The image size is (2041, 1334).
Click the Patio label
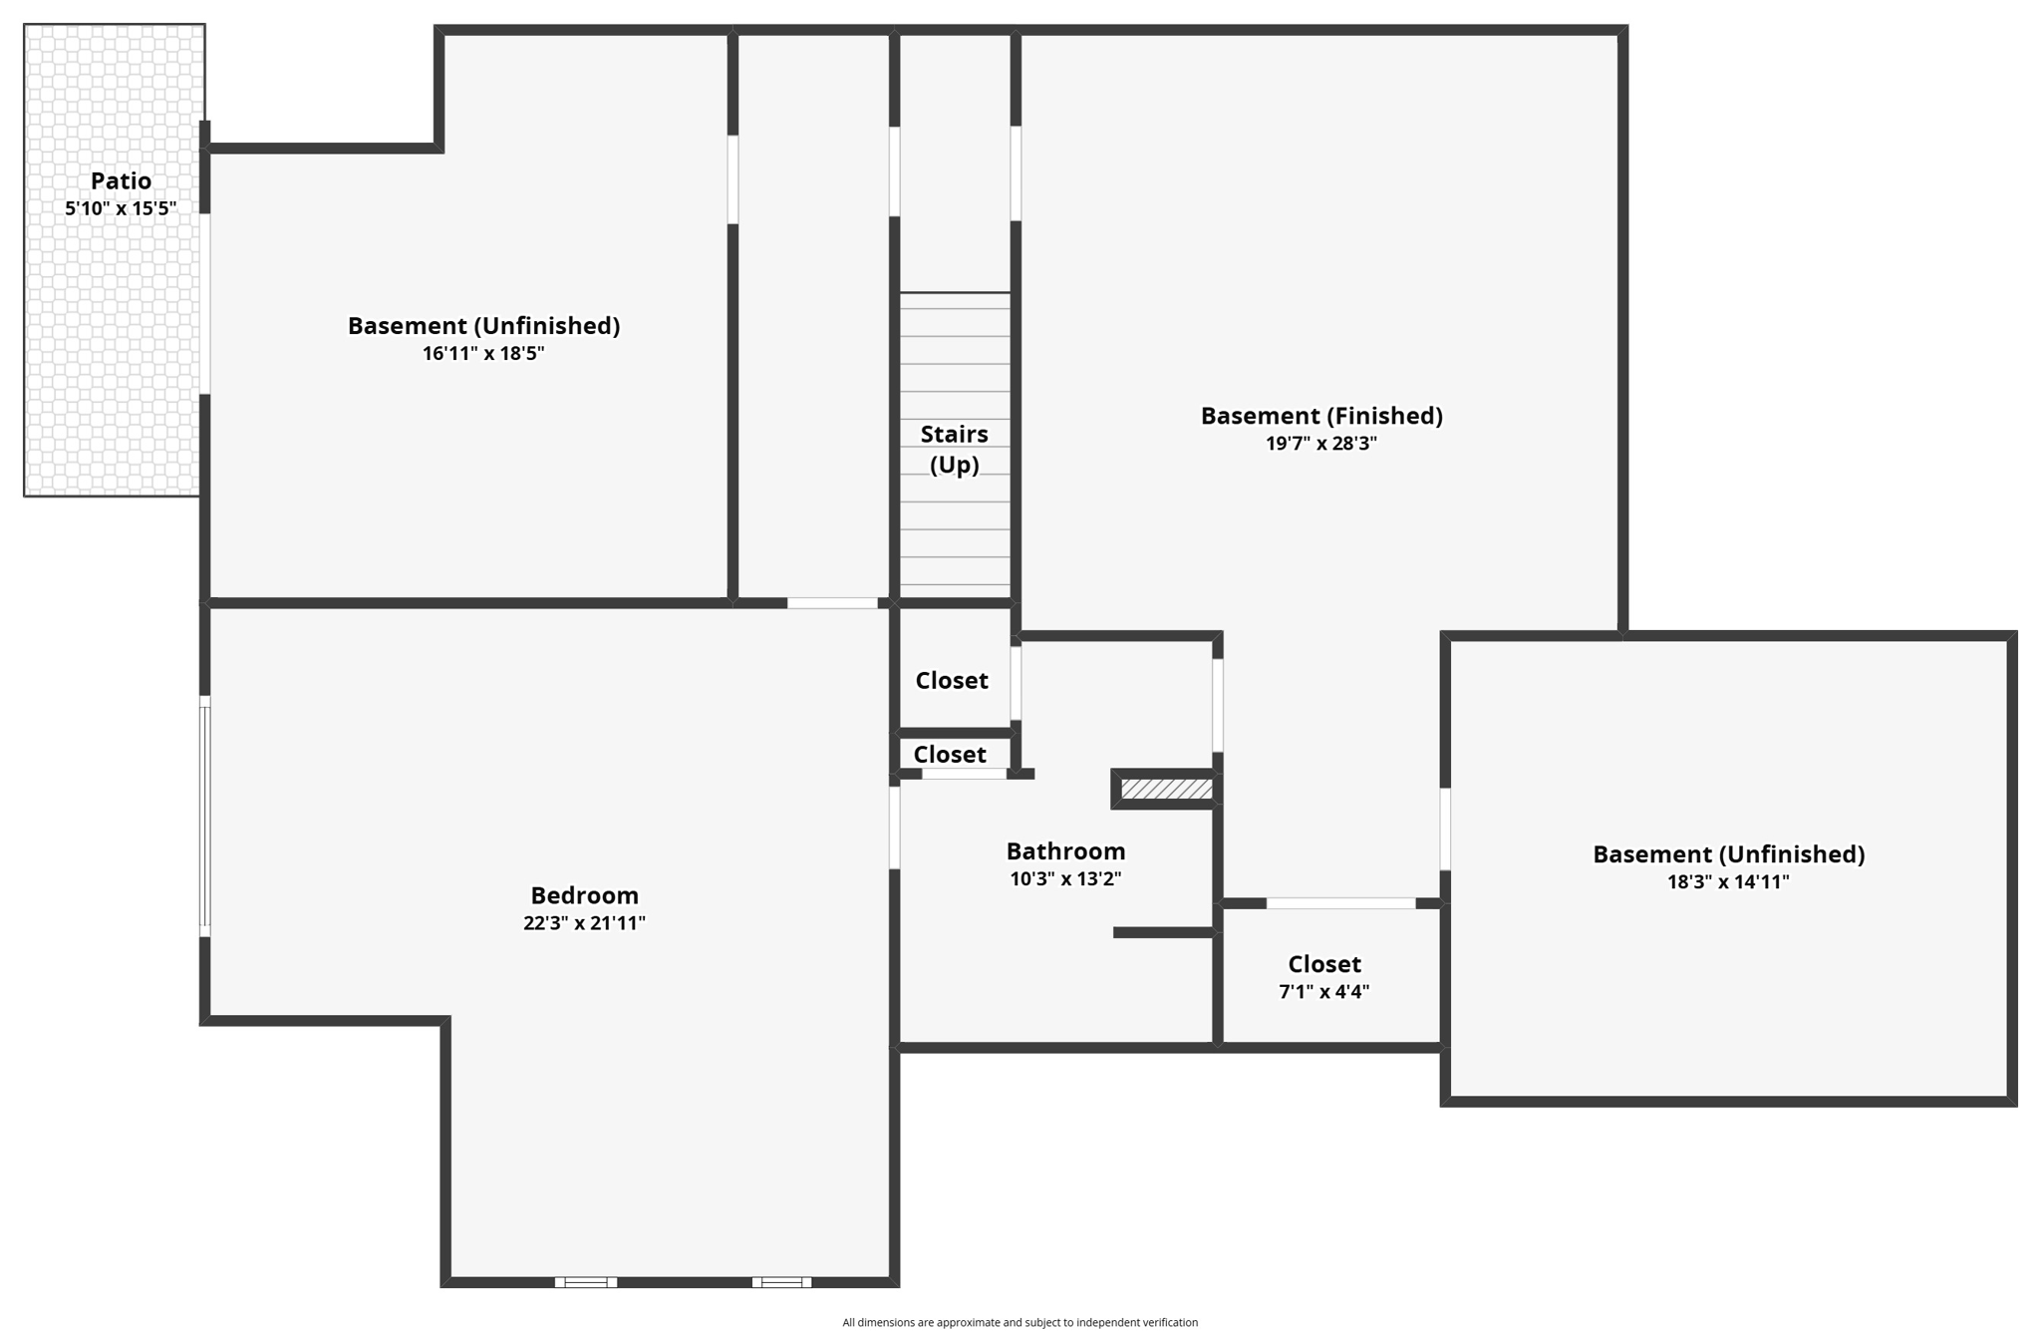[x=121, y=180]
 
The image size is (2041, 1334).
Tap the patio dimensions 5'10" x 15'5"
[x=121, y=208]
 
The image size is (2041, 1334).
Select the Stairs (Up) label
[x=954, y=449]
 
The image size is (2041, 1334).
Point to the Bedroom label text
[x=584, y=895]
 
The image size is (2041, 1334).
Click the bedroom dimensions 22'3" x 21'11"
[x=584, y=923]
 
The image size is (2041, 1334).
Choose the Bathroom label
[x=1065, y=851]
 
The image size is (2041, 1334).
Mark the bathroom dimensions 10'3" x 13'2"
[x=1065, y=879]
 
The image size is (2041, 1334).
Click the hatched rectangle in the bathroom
[x=1166, y=790]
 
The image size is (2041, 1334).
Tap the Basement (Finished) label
[x=1321, y=416]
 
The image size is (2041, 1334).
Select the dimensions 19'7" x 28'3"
[x=1321, y=444]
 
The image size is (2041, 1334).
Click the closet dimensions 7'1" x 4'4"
[x=1323, y=992]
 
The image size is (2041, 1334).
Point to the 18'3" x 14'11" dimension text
[x=1728, y=882]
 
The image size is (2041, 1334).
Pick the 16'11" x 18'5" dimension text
[x=483, y=353]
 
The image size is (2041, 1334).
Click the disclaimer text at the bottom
[x=1020, y=1322]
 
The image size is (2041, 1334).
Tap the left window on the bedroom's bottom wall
[x=585, y=1282]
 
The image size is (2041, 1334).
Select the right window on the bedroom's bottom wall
[x=781, y=1282]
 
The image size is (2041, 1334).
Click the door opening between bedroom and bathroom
[x=895, y=828]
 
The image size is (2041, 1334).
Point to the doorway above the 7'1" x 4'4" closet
[x=1340, y=903]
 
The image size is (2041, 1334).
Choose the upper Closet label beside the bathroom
[x=952, y=681]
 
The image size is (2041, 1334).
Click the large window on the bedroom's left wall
[x=205, y=817]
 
